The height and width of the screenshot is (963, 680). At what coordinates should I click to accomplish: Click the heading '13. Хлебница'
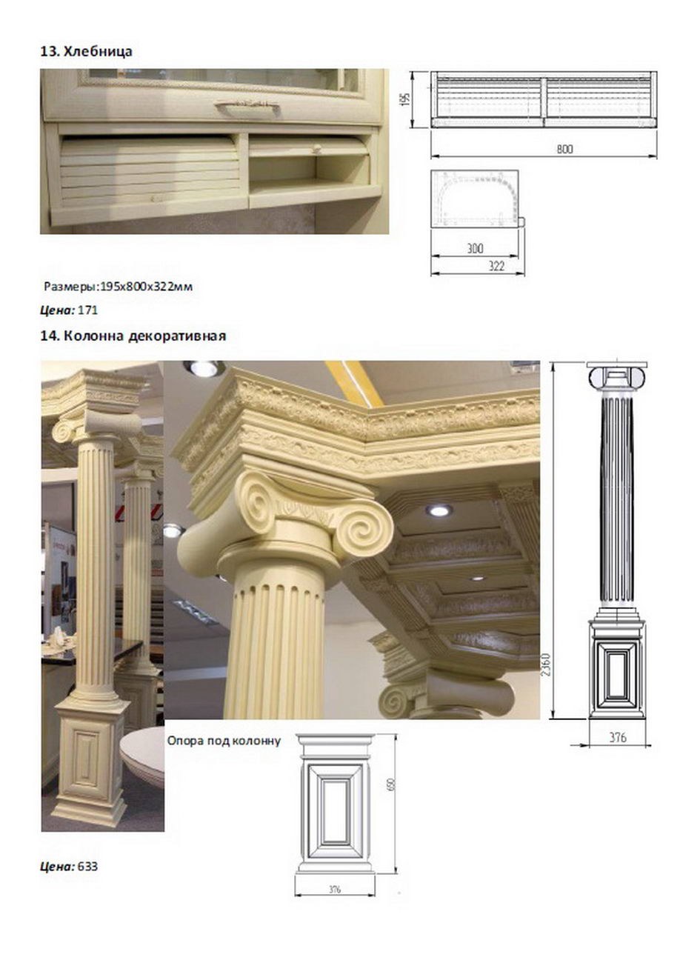87,52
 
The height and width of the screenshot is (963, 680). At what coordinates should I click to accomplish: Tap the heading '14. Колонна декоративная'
133,336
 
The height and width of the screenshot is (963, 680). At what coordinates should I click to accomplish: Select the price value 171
87,310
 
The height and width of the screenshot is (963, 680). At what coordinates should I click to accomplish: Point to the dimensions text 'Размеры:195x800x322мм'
119,287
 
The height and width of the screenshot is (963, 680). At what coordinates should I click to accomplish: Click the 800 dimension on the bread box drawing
564,149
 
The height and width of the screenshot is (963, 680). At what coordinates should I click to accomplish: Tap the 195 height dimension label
407,99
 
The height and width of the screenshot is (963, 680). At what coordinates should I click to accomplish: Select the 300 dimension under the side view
475,248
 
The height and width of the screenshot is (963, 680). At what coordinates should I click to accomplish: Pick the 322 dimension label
496,266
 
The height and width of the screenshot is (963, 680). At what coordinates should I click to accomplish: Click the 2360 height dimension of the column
545,664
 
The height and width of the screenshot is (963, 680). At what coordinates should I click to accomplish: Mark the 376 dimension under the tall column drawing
618,737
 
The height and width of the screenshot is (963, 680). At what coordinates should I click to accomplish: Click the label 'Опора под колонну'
224,741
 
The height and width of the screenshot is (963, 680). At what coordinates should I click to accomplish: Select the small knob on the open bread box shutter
316,149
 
